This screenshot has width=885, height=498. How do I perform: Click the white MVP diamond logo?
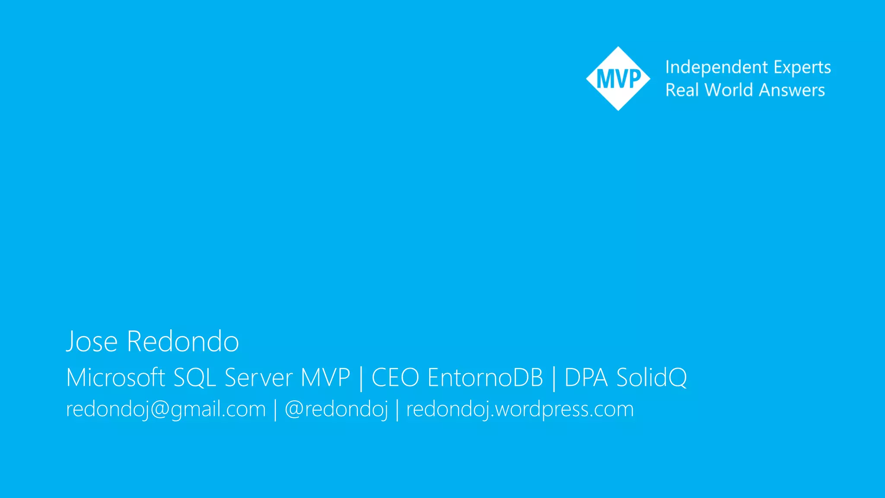[x=618, y=79]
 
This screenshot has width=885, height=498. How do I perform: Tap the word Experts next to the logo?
[x=802, y=67]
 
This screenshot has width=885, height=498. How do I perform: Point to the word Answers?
[x=792, y=90]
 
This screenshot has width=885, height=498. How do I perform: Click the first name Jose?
[x=92, y=342]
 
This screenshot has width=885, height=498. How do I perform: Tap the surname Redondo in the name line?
[x=183, y=342]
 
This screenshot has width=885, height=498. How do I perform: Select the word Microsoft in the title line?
[x=116, y=377]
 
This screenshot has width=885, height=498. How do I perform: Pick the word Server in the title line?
[x=258, y=377]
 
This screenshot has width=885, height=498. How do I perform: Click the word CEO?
[x=395, y=377]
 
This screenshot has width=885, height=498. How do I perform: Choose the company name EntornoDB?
[x=485, y=377]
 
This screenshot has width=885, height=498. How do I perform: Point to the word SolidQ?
[x=651, y=377]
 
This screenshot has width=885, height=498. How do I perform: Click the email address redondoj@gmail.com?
[x=166, y=409]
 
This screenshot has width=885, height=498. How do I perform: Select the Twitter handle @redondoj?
[x=336, y=409]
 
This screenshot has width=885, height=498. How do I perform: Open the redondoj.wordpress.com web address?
[x=520, y=409]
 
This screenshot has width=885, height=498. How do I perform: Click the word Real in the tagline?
[x=682, y=90]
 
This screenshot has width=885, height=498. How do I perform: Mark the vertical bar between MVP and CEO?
[x=361, y=378]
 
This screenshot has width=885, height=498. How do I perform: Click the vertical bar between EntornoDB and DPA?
[x=554, y=378]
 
